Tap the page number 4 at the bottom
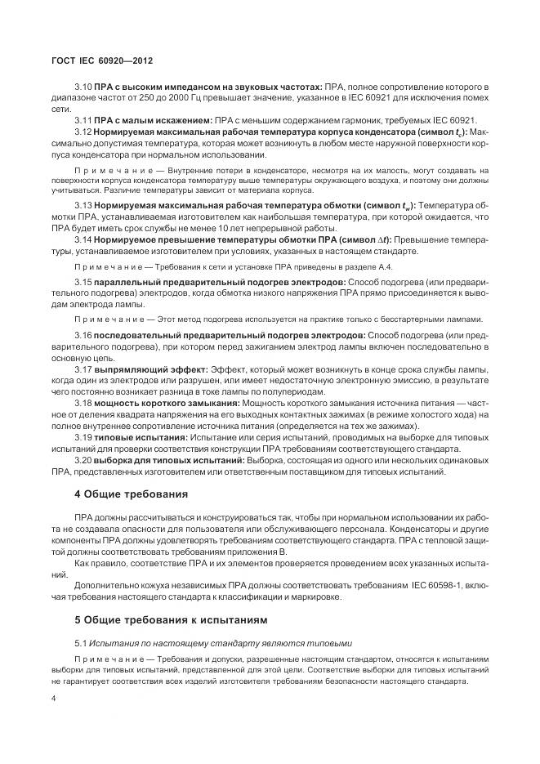53,699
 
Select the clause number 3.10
83,86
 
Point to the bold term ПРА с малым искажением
153,120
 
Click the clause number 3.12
83,132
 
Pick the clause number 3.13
83,205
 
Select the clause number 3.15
83,280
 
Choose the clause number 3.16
83,335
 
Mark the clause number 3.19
83,438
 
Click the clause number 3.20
83,461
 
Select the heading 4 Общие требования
132,494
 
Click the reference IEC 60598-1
416,584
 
